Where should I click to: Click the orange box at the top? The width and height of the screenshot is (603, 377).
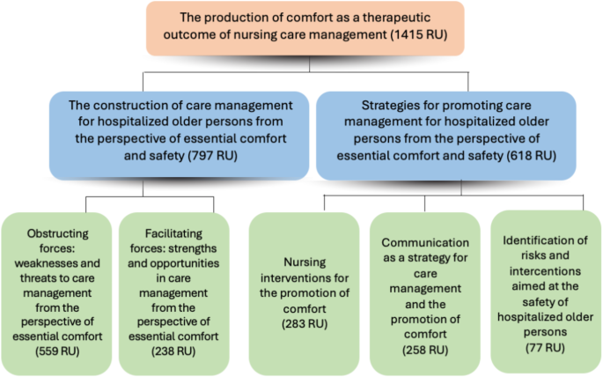[305, 28]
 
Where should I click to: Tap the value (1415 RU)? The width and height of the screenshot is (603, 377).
[419, 34]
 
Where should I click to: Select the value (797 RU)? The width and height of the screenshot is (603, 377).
[213, 155]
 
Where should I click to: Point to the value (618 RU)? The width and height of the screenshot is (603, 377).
[531, 155]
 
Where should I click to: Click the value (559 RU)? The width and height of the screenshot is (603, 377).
[57, 351]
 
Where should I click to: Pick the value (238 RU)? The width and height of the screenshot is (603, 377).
[173, 351]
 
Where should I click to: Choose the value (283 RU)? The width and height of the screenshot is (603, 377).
[305, 324]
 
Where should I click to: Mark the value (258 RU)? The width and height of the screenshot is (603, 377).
[425, 350]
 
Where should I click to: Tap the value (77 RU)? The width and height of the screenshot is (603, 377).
[545, 348]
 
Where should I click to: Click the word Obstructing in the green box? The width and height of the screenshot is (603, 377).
[58, 233]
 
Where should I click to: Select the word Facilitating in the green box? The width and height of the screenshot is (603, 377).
[173, 233]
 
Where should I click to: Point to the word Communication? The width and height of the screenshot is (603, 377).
[425, 242]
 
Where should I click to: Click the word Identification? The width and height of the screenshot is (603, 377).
[545, 240]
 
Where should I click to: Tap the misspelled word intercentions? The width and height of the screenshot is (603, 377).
[545, 271]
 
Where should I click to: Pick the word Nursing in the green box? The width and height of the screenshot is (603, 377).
[305, 262]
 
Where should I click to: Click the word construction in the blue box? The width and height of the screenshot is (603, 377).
[129, 105]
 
